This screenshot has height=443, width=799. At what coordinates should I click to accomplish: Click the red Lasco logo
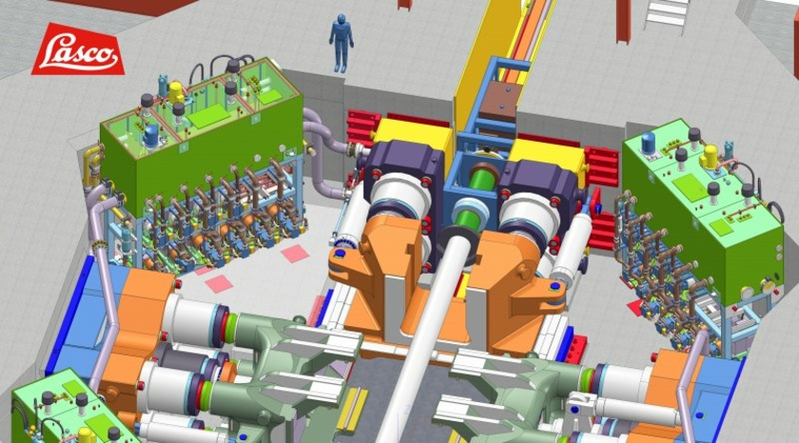click(x=77, y=49)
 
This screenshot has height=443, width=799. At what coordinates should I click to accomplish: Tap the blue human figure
click(x=341, y=43)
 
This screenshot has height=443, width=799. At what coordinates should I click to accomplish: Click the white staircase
click(x=667, y=15)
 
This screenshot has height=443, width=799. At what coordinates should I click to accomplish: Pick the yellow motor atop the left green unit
click(x=176, y=92)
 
